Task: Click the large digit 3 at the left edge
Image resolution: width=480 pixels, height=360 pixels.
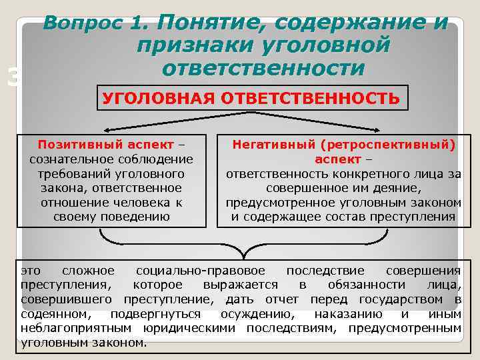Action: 11,79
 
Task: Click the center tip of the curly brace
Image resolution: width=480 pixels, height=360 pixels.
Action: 243,257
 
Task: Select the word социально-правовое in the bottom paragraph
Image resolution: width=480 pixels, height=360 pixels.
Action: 200,271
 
